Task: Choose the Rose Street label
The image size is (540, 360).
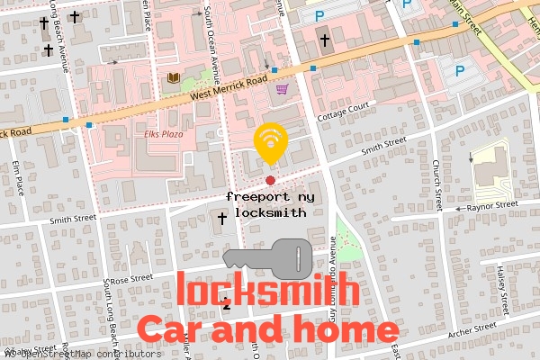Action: coord(130,280)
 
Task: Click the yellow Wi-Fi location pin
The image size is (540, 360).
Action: coord(269,142)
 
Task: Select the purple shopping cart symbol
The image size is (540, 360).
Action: coord(283,89)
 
